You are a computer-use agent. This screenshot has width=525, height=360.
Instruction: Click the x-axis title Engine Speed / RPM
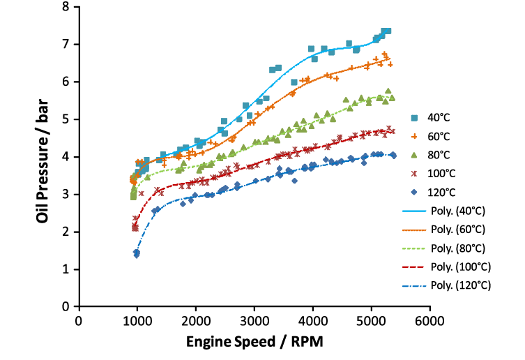coord(254,343)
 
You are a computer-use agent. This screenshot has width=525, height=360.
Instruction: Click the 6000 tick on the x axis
coord(429,320)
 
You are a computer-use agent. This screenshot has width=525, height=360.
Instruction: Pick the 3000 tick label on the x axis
coord(254,320)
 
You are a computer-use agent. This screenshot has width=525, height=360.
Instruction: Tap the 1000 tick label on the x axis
coord(137,320)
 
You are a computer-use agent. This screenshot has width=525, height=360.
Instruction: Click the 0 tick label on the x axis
coord(79,320)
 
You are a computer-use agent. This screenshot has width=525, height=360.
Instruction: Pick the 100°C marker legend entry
coord(452,173)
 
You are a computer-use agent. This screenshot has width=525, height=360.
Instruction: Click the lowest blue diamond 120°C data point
coord(137,255)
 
